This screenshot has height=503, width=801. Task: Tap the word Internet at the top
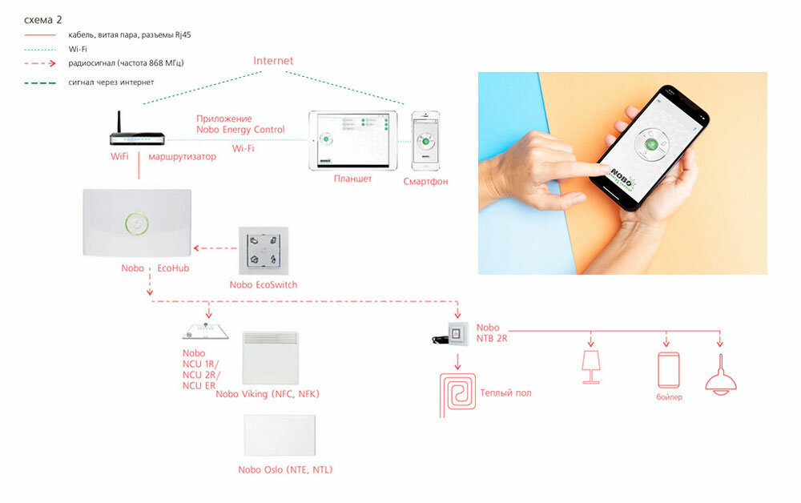[x=273, y=61]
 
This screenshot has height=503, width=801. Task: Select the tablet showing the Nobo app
[x=353, y=139]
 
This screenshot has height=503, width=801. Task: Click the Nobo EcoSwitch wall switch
[x=263, y=249]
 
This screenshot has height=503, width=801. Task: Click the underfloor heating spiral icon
[x=457, y=393]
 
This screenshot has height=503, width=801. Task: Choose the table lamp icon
[x=591, y=365]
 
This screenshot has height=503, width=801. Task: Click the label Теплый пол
[x=506, y=393]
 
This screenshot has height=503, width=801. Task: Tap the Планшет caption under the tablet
[x=352, y=179]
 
